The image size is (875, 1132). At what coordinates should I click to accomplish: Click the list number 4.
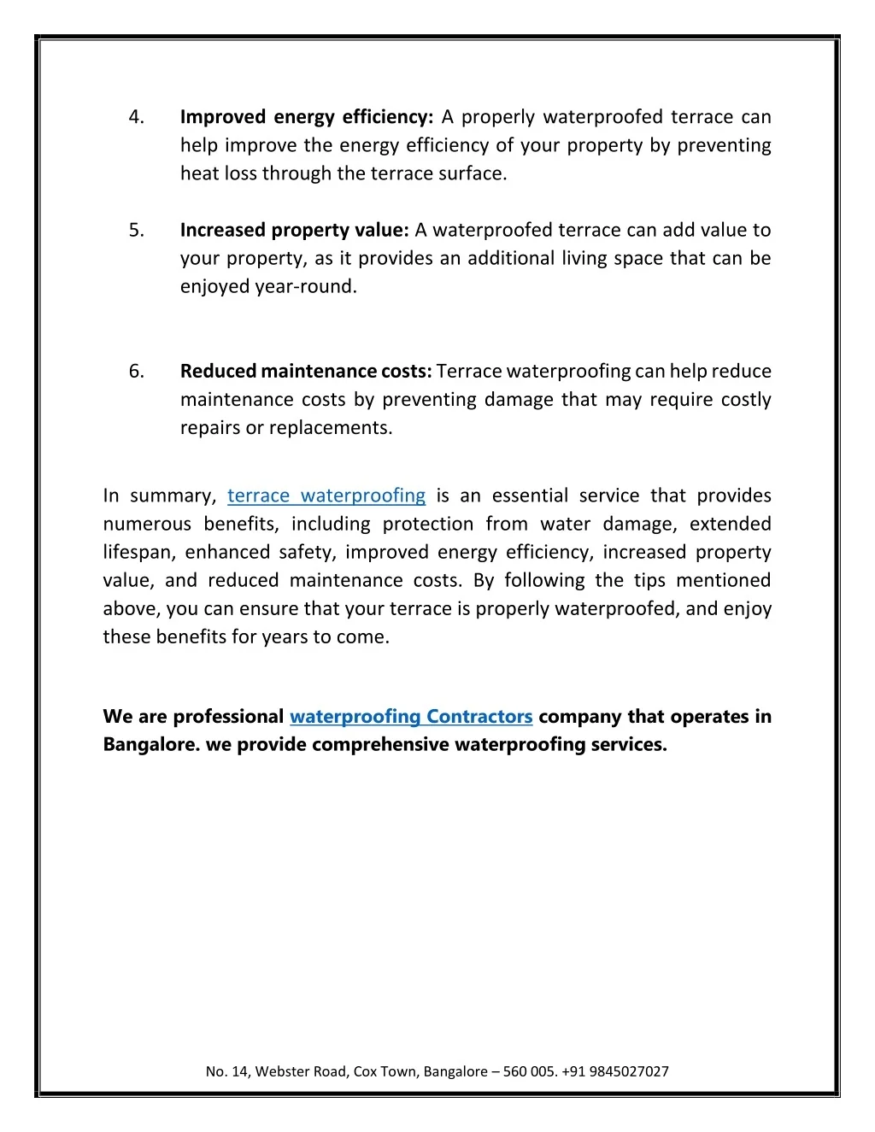pyautogui.click(x=136, y=117)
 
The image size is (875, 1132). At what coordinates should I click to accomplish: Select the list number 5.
pyautogui.click(x=136, y=230)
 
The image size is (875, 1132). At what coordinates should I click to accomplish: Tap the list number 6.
pyautogui.click(x=136, y=371)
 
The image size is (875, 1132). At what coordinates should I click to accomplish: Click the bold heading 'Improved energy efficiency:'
pyautogui.click(x=307, y=117)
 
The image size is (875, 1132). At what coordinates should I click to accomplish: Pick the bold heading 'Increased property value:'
pyautogui.click(x=295, y=230)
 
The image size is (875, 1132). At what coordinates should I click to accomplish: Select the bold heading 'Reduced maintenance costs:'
pyautogui.click(x=306, y=371)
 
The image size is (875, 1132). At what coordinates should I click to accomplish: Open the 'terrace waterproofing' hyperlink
pyautogui.click(x=326, y=496)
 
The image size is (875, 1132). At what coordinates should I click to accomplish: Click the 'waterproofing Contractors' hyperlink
pyautogui.click(x=411, y=716)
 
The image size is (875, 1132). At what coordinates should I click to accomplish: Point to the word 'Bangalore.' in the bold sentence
pyautogui.click(x=151, y=744)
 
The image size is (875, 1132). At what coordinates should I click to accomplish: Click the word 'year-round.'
pyautogui.click(x=306, y=286)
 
